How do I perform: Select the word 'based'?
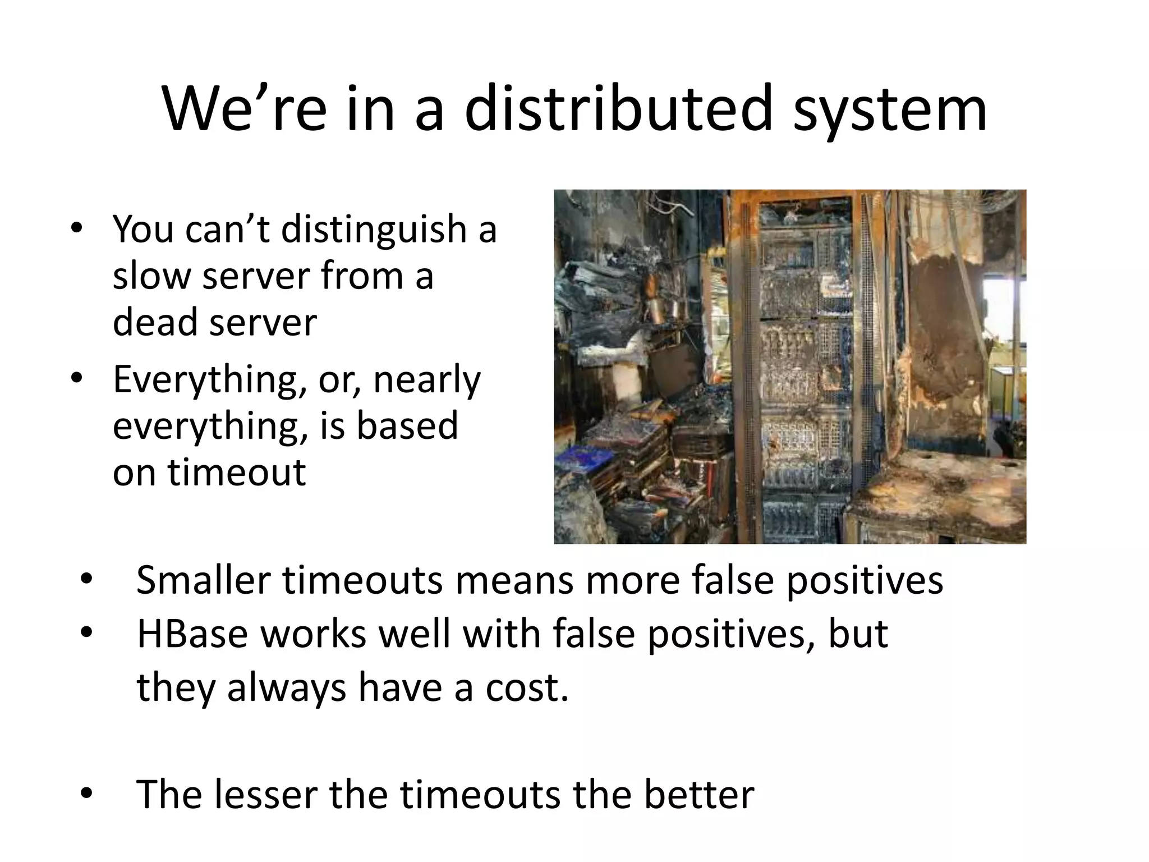407,425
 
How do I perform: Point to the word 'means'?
514,580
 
